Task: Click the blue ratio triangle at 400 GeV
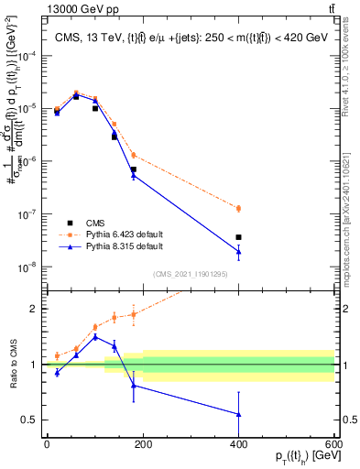[238, 414]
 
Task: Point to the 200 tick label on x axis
[142, 445]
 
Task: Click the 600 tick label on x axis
[334, 445]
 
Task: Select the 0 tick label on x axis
[47, 445]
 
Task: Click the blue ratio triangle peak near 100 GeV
[94, 336]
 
